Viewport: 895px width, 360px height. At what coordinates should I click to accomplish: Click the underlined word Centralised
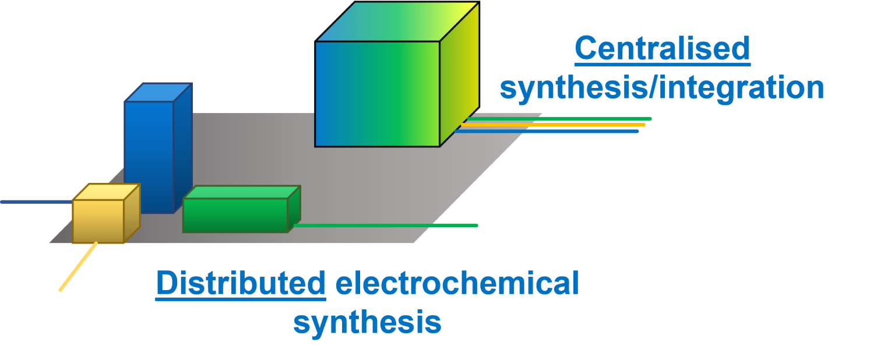(x=662, y=49)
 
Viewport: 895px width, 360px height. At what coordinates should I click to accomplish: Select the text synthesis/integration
(x=662, y=88)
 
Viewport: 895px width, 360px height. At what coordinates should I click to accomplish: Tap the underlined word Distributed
(x=241, y=284)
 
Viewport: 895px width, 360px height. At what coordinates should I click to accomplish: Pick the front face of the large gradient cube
(x=377, y=94)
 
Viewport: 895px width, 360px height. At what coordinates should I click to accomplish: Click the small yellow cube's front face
(x=98, y=221)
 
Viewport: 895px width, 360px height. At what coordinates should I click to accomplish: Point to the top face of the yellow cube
(x=106, y=192)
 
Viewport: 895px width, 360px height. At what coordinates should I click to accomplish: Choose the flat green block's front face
(x=235, y=215)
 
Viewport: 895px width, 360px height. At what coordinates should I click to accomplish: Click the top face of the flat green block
(x=242, y=192)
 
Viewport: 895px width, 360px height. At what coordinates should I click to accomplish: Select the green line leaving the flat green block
(x=385, y=225)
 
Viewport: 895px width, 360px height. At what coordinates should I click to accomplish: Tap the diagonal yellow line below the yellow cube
(x=78, y=266)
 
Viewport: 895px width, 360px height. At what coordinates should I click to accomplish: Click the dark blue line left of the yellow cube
(x=35, y=202)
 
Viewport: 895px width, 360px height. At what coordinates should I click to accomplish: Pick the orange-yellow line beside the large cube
(x=554, y=125)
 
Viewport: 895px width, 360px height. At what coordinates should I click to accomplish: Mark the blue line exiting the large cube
(x=548, y=131)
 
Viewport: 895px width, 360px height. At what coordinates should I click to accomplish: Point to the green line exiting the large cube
(x=559, y=118)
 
